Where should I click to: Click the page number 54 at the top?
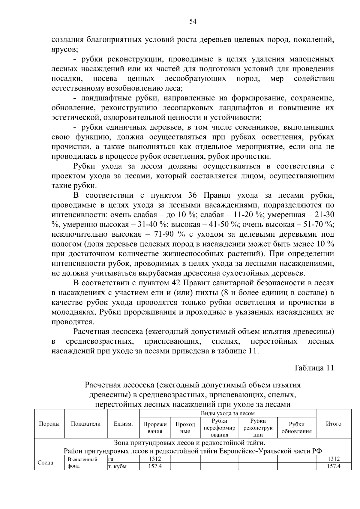click(193, 21)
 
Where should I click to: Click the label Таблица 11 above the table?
click(313, 368)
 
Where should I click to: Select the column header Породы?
click(49, 424)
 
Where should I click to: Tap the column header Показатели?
click(85, 424)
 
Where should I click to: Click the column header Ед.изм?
click(123, 424)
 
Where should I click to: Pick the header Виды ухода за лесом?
click(228, 413)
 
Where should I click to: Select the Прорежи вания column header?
click(155, 428)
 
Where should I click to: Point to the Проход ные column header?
click(185, 428)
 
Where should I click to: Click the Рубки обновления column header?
click(296, 428)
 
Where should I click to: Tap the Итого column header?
click(334, 424)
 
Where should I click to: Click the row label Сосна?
click(45, 463)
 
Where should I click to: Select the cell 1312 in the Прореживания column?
click(155, 459)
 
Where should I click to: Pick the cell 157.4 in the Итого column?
click(334, 466)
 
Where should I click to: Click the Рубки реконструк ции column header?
click(258, 428)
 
